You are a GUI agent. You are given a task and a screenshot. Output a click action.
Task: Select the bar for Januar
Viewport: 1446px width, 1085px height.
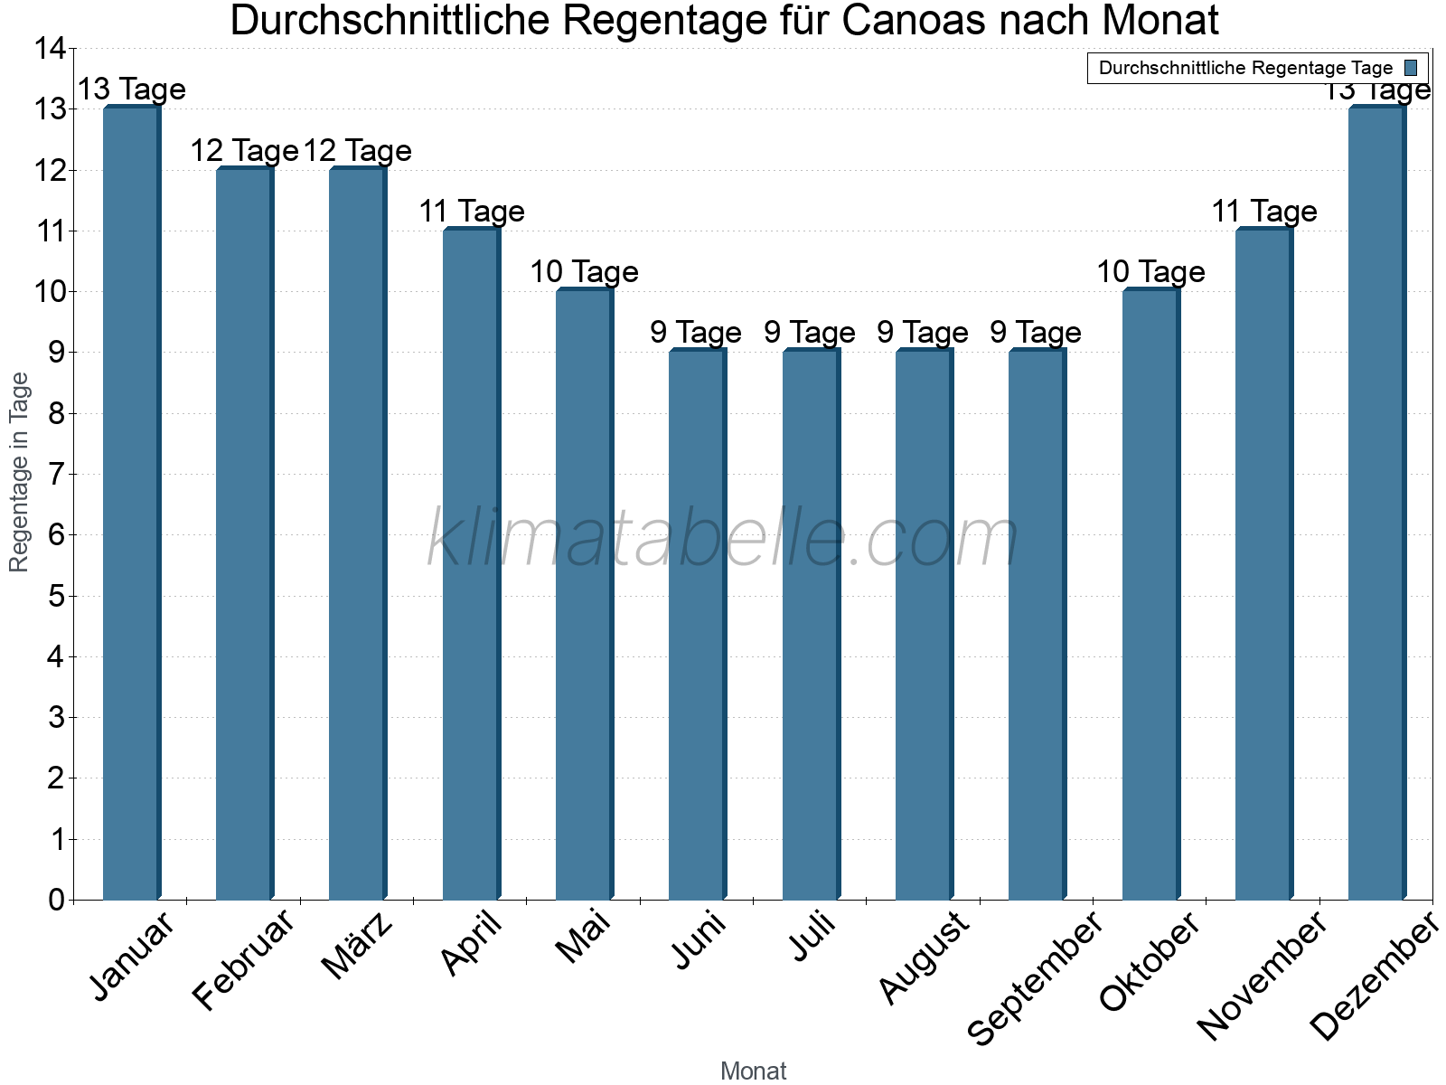point(131,503)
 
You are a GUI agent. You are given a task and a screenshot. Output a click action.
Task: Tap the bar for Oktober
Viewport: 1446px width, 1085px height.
point(1150,594)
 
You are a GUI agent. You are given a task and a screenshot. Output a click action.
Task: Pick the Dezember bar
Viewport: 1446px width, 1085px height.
point(1376,503)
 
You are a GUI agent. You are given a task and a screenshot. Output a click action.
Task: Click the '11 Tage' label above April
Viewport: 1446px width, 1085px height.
point(471,212)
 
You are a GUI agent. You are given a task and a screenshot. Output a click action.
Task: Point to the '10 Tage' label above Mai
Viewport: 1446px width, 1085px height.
point(584,271)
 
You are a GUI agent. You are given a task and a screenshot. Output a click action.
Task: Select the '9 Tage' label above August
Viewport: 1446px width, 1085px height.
point(923,333)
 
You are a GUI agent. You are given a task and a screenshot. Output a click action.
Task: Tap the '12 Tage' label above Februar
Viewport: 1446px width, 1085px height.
point(244,151)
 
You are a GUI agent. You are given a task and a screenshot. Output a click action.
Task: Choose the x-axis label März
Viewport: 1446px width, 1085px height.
point(358,947)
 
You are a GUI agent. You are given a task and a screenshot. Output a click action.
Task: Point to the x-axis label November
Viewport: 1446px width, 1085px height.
point(1263,976)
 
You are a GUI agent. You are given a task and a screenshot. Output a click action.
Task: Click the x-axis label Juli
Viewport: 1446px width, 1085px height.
point(812,937)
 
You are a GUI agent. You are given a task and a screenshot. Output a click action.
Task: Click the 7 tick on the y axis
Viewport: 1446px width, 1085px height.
point(57,474)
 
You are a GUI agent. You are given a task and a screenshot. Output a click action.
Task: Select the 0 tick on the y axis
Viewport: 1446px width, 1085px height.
point(57,900)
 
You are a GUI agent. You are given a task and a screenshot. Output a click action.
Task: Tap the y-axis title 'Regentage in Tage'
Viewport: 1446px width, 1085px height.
point(19,472)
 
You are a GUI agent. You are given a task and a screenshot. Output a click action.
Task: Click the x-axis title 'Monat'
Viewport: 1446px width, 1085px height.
point(753,1071)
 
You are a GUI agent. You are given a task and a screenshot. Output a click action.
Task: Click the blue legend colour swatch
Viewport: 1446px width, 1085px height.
point(1411,68)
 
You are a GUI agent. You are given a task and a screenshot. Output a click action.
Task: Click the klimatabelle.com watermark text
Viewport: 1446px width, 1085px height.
point(723,539)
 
